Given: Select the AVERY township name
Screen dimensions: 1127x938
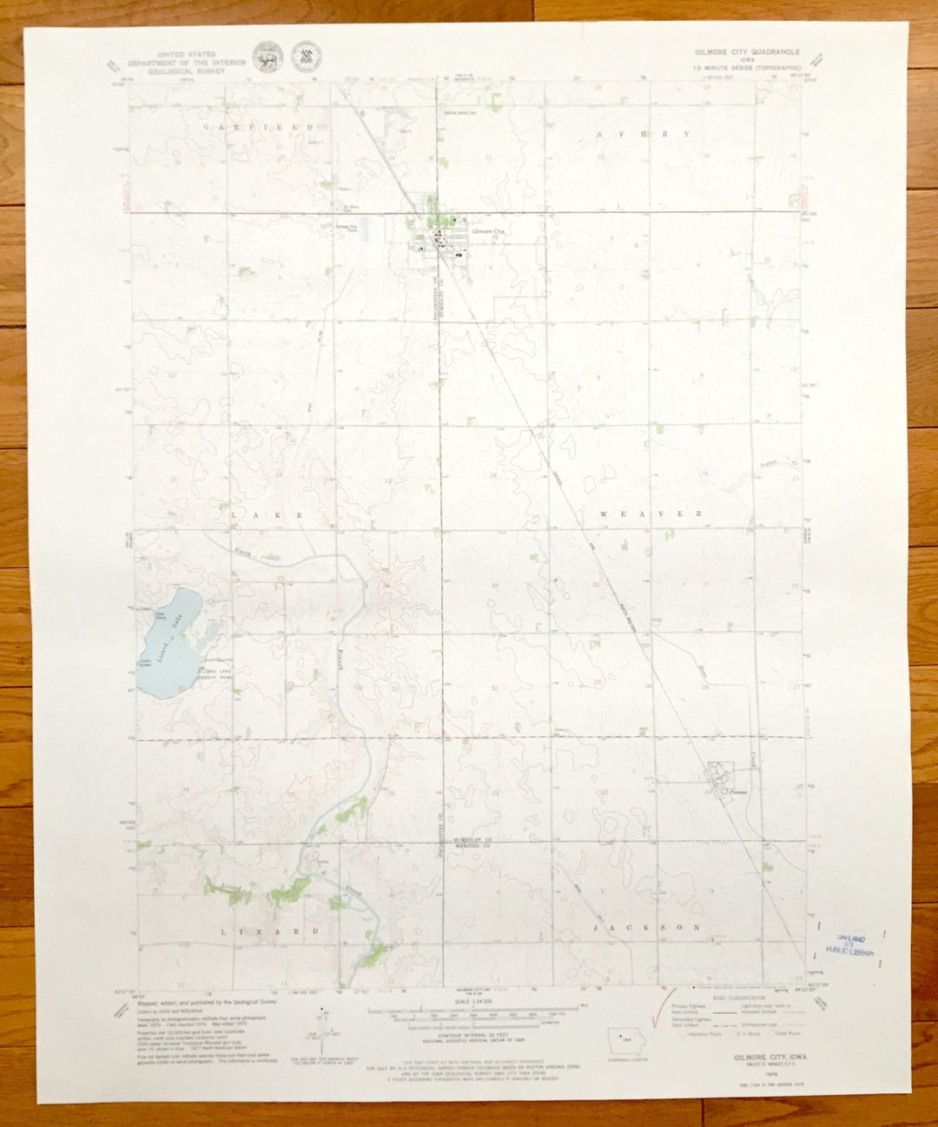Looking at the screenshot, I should click(644, 135).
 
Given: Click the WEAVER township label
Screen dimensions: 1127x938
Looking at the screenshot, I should click(651, 514).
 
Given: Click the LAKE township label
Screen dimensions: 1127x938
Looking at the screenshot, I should click(267, 515).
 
